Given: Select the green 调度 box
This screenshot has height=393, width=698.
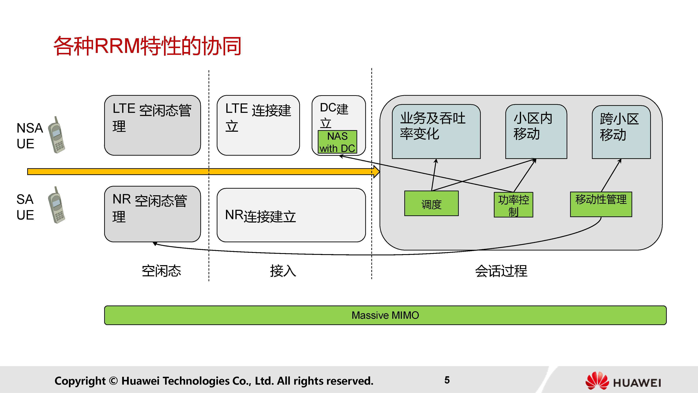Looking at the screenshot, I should [x=431, y=203].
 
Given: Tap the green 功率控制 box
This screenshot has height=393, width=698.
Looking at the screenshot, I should [x=514, y=205].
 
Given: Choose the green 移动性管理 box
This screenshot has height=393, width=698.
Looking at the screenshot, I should [x=601, y=204].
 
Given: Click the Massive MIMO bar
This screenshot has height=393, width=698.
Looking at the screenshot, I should [x=385, y=315].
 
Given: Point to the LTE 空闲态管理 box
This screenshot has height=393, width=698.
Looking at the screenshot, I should [x=152, y=125].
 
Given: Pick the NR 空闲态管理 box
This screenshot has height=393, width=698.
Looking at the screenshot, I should [x=152, y=214].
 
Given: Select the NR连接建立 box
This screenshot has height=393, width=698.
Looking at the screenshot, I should [x=291, y=215].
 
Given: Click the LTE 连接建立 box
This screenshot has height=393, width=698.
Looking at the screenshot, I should [x=258, y=125].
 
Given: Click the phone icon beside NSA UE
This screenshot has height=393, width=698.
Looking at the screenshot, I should [x=57, y=135].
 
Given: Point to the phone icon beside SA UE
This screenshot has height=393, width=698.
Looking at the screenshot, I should [x=57, y=205].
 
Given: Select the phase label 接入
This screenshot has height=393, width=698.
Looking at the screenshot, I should [x=283, y=271].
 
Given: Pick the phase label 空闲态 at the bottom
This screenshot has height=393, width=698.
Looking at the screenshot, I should [x=161, y=271].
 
